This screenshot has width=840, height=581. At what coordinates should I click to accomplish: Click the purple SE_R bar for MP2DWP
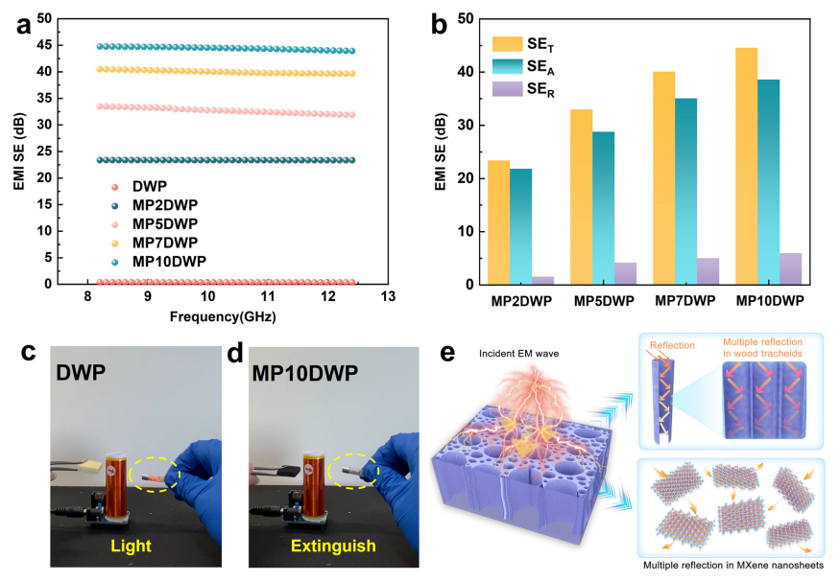coord(542,280)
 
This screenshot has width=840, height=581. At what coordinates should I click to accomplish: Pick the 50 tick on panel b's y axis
coord(464,18)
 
